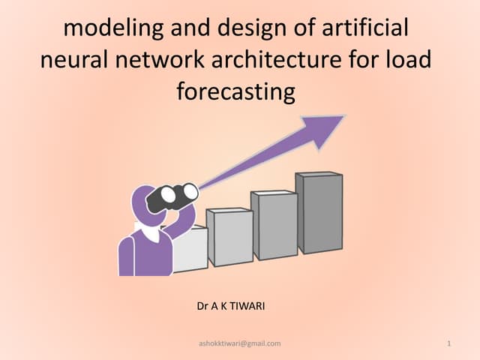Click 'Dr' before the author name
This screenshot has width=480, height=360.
202,306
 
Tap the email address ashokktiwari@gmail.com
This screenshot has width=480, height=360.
240,343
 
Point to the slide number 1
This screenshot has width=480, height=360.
447,343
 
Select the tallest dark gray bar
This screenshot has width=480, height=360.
319,213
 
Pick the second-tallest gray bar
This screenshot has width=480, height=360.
274,226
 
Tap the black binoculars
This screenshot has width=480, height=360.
172,196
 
